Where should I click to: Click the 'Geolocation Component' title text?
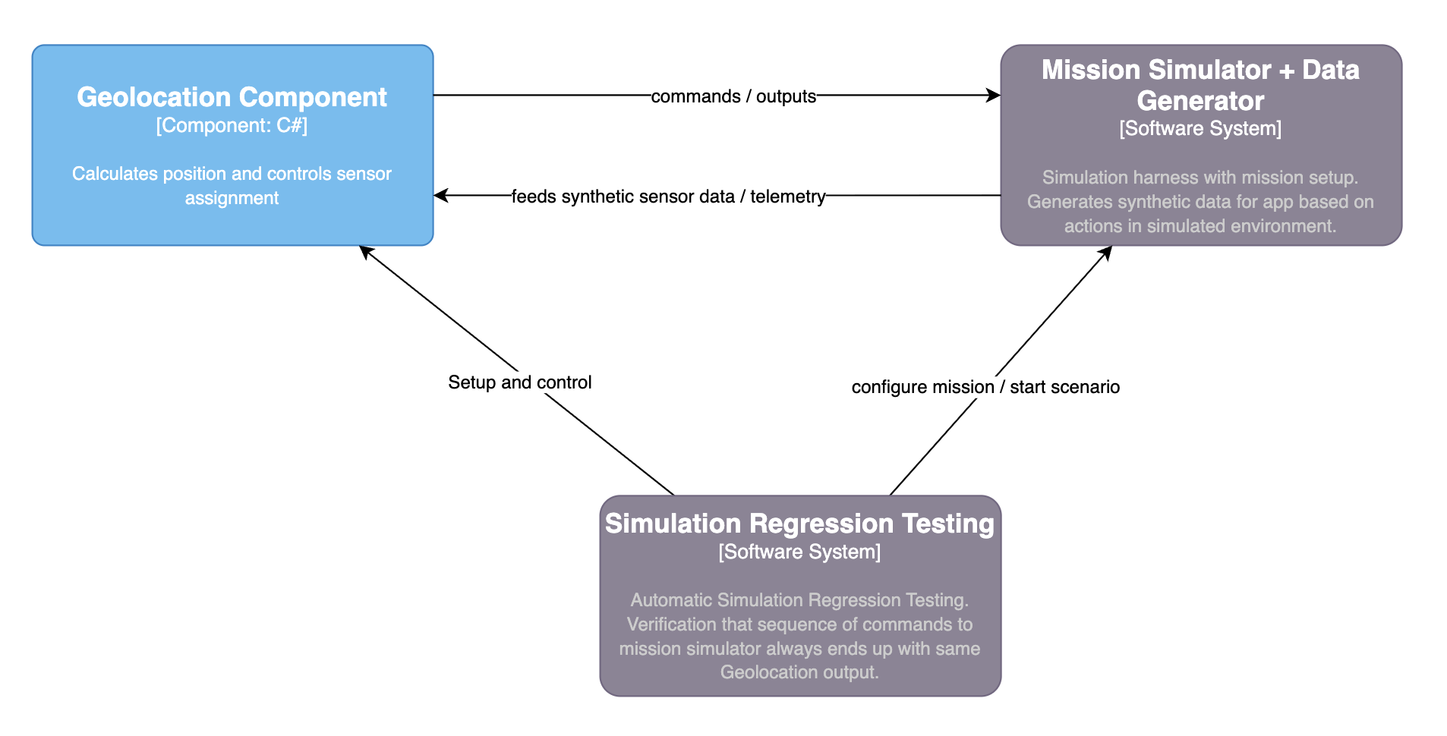click(232, 97)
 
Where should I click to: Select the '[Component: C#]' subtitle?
click(232, 125)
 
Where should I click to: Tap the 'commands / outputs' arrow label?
click(733, 96)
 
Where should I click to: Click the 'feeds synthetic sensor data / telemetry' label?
click(668, 197)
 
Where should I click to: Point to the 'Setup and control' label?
click(519, 382)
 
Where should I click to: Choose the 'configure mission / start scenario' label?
click(985, 387)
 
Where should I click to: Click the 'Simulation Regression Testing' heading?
click(799, 524)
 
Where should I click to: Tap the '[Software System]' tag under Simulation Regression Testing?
click(799, 552)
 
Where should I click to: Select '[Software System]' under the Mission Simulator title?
click(1200, 128)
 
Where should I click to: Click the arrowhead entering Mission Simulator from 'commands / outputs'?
click(994, 96)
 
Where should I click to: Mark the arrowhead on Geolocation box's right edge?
click(441, 196)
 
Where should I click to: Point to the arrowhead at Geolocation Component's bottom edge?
click(366, 251)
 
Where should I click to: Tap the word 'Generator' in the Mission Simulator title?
click(1200, 101)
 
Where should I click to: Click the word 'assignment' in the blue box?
click(232, 198)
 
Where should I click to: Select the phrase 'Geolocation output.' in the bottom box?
click(799, 672)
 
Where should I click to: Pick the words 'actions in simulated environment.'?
click(1200, 226)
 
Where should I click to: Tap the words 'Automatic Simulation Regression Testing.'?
click(799, 600)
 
